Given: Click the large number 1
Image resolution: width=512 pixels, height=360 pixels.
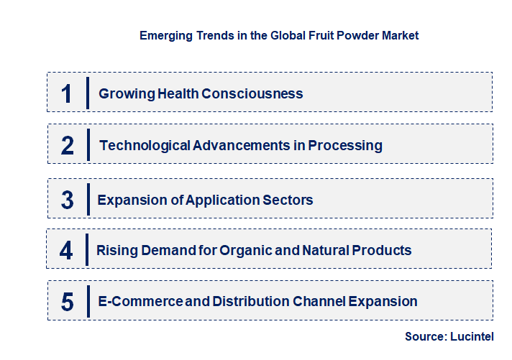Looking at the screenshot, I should click(67, 93).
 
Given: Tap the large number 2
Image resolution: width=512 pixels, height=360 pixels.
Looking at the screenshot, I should click(68, 146).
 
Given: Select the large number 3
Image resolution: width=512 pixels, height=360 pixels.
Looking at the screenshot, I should click(67, 200).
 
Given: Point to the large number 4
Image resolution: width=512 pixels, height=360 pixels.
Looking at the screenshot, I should click(67, 251).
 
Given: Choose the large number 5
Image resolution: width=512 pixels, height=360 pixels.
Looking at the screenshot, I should click(67, 302).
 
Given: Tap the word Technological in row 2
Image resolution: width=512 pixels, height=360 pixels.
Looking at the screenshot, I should click(145, 146).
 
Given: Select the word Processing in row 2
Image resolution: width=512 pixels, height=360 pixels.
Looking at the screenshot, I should click(345, 146).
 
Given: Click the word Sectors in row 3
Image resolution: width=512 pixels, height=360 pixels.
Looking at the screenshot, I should click(287, 200).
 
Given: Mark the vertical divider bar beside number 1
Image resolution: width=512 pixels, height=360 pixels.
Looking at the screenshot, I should click(87, 93).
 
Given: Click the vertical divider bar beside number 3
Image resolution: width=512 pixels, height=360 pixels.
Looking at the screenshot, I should click(87, 199).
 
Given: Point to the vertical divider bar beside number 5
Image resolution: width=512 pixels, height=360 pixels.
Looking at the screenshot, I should click(87, 301).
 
